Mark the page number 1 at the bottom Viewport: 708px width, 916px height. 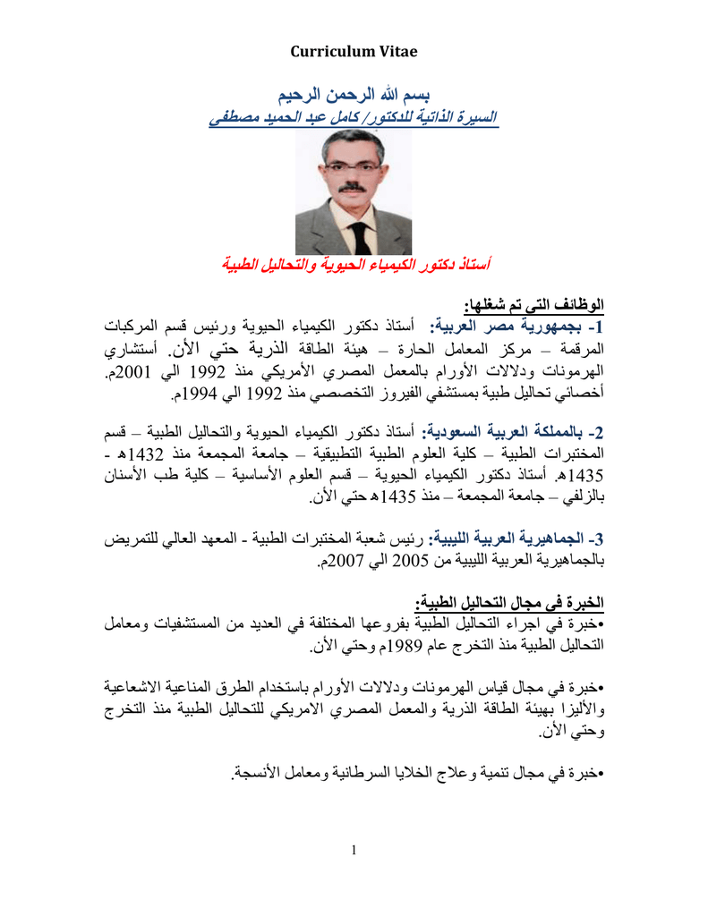[354, 849]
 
